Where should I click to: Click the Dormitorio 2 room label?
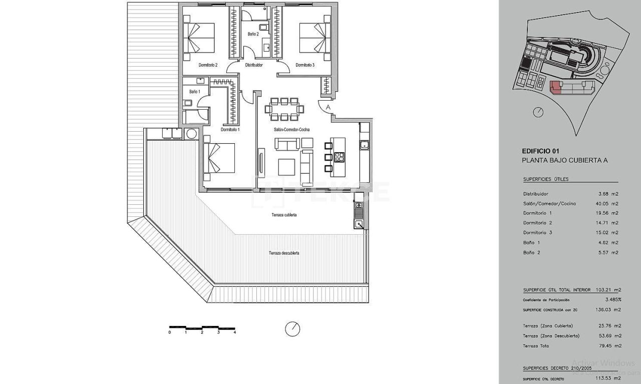click(x=208, y=65)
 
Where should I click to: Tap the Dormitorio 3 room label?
click(x=305, y=65)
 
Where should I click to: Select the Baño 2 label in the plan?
click(x=253, y=34)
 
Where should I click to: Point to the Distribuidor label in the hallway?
click(x=254, y=65)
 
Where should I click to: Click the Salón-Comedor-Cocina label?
click(x=291, y=130)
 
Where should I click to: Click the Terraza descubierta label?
click(x=284, y=253)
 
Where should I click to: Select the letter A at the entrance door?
click(x=328, y=107)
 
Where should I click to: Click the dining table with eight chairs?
click(x=284, y=109)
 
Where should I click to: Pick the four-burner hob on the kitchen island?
click(x=340, y=157)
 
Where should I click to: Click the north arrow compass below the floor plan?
click(x=292, y=329)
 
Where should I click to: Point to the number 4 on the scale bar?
click(x=234, y=332)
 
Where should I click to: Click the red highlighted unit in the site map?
click(x=555, y=88)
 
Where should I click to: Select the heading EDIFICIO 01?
click(x=540, y=151)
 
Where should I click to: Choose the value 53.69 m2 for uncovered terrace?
click(x=610, y=336)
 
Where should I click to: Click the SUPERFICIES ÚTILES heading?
click(x=546, y=179)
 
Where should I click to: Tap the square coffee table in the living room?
click(x=286, y=167)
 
